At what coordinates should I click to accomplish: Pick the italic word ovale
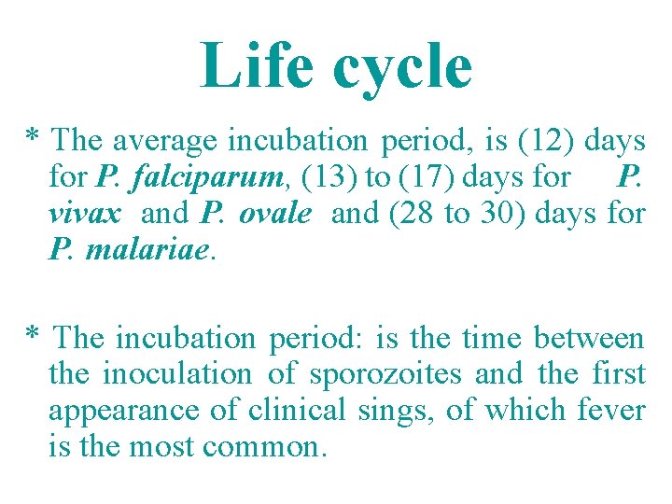(x=274, y=214)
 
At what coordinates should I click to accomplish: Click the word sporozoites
(x=384, y=374)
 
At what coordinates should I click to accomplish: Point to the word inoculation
(x=176, y=374)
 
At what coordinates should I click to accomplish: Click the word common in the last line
(x=264, y=447)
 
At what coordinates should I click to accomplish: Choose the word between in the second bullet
(x=588, y=338)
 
